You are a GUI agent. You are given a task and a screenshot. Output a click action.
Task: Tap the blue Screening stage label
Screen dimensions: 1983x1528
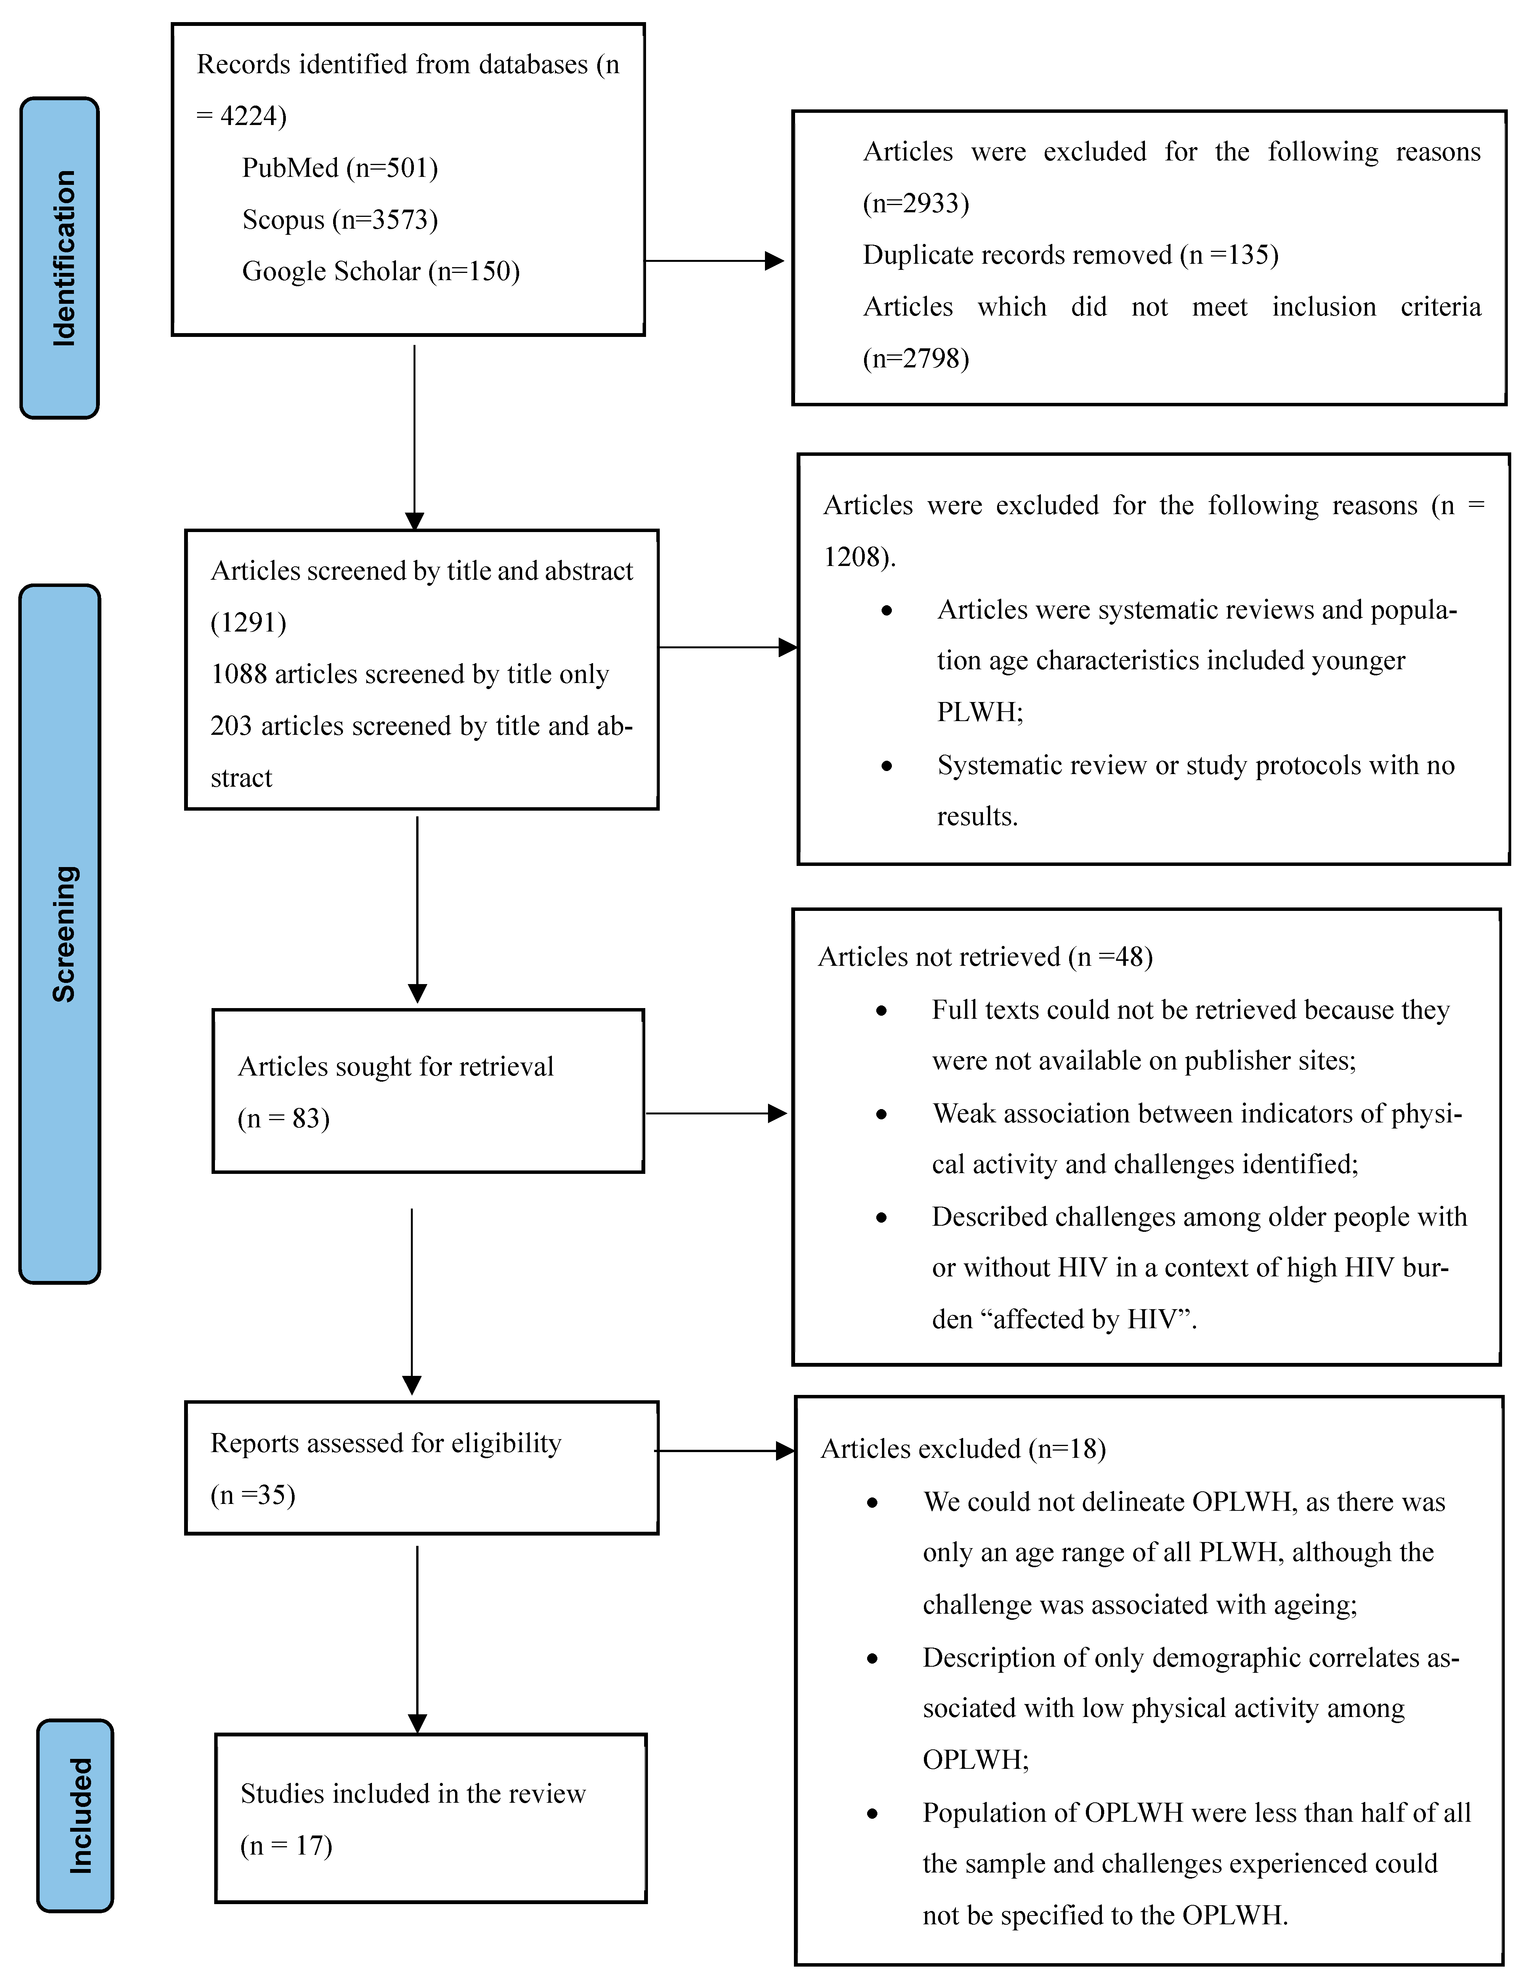click(x=60, y=933)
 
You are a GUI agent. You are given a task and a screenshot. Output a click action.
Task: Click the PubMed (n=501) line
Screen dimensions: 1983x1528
click(x=340, y=168)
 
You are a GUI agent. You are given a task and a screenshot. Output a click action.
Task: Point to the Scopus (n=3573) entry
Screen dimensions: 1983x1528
click(x=340, y=220)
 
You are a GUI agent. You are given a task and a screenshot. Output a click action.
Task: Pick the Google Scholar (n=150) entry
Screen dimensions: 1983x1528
click(x=380, y=271)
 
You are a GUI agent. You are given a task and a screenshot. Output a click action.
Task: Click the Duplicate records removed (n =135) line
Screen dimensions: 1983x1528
click(x=1070, y=255)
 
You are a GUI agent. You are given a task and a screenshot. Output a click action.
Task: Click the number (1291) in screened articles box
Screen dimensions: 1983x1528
click(x=248, y=623)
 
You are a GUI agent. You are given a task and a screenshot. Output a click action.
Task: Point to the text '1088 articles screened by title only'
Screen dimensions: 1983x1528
click(x=409, y=675)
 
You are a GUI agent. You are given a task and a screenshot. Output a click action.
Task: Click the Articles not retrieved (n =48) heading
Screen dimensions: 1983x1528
click(x=985, y=957)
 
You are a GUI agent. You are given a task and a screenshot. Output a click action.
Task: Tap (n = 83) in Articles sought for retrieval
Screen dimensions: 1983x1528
click(x=283, y=1119)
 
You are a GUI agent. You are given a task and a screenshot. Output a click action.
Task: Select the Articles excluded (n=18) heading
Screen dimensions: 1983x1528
click(x=963, y=1449)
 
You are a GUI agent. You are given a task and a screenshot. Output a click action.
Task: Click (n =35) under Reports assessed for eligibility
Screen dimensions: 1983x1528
click(x=253, y=1496)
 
